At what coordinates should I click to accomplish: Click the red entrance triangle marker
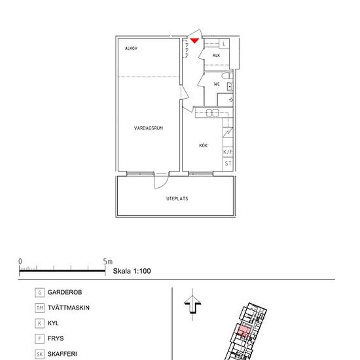tap(194, 41)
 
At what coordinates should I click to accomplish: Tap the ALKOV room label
tap(131, 48)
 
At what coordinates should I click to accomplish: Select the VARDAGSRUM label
tap(149, 128)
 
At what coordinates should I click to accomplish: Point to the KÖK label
tap(203, 145)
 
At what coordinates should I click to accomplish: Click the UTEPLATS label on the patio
tap(177, 198)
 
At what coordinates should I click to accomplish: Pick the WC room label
tap(217, 84)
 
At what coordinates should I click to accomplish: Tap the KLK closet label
tap(216, 56)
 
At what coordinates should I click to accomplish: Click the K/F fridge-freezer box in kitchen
tap(228, 152)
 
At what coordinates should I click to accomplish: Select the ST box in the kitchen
tap(228, 164)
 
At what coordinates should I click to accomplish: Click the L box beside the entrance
tap(224, 43)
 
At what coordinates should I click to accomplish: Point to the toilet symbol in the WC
tap(227, 76)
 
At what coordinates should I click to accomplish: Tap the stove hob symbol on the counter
tap(212, 113)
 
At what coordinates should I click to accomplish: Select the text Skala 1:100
tap(132, 271)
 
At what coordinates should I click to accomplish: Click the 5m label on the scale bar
tap(108, 262)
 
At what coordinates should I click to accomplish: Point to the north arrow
tap(192, 304)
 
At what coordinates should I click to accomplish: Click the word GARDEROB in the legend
tap(65, 293)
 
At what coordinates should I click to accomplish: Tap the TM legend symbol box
tap(39, 308)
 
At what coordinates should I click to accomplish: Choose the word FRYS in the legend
tap(56, 338)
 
